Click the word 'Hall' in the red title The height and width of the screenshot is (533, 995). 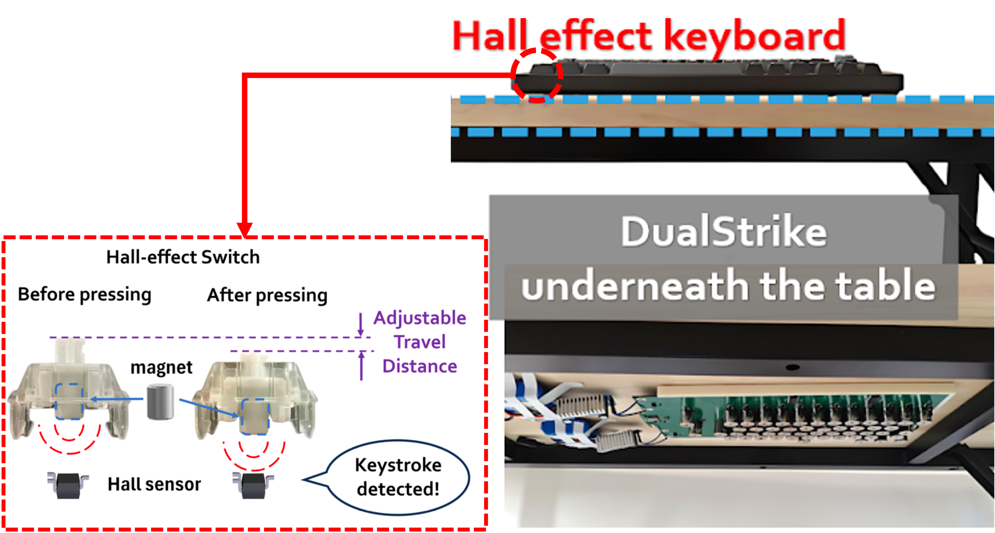[x=491, y=36]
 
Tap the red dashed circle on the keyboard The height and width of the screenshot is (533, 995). [x=537, y=75]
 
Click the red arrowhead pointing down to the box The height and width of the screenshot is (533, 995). [x=245, y=229]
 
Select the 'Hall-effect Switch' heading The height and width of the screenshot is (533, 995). [x=183, y=257]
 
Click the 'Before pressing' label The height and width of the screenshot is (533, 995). [x=85, y=295]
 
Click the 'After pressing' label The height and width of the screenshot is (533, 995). [x=267, y=295]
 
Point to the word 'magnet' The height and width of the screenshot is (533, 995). [x=161, y=367]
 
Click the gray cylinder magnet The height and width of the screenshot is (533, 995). [x=160, y=402]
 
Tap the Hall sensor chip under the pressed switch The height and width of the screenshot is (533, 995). [x=253, y=485]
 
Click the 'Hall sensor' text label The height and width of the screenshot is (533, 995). [x=154, y=484]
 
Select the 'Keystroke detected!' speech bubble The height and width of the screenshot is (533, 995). [x=398, y=477]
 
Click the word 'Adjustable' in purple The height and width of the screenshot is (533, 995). [x=419, y=318]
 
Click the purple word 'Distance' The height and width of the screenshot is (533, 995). [x=419, y=367]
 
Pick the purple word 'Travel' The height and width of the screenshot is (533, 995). [x=419, y=342]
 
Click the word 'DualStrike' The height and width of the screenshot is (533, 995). [x=724, y=231]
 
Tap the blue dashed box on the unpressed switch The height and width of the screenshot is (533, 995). [x=69, y=401]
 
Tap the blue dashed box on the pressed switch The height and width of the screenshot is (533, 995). [x=255, y=417]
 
